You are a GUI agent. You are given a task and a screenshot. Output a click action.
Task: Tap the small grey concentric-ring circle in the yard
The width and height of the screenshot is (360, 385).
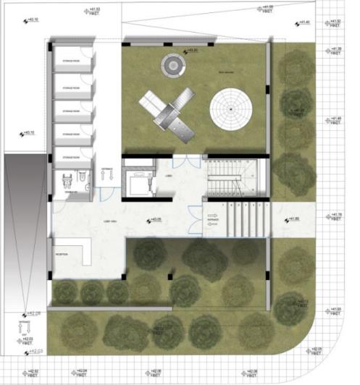coord(173,64)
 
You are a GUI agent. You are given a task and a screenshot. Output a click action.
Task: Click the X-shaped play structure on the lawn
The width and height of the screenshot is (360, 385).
coord(171,112)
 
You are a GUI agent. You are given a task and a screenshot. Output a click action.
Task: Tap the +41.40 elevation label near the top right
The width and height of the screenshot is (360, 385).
coord(302,22)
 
